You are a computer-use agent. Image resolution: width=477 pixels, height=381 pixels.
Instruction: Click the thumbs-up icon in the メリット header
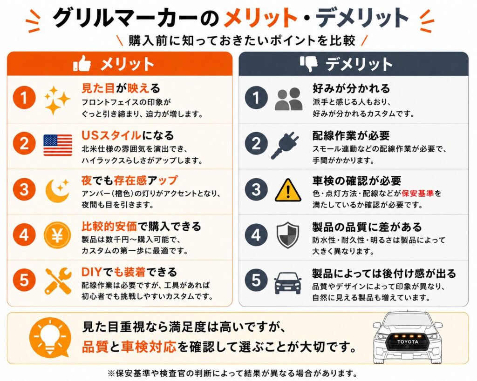click(x=82, y=63)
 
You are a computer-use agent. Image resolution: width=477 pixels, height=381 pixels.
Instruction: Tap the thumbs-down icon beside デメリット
click(x=308, y=63)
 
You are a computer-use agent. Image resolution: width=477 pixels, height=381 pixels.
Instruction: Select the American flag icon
click(x=58, y=145)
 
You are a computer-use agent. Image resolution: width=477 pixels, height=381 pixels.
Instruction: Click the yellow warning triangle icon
click(x=288, y=190)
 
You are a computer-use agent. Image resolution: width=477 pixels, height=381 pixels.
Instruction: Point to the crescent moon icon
click(x=57, y=190)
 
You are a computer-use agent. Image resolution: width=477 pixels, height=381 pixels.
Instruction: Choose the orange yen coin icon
click(x=57, y=235)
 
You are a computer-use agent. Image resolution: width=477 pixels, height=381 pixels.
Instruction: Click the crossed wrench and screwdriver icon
click(x=58, y=281)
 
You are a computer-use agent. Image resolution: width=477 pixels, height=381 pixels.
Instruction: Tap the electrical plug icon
click(x=285, y=145)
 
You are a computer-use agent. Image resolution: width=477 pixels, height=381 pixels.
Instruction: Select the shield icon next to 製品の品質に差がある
click(x=287, y=235)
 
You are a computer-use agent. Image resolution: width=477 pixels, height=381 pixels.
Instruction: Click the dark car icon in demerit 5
click(x=287, y=282)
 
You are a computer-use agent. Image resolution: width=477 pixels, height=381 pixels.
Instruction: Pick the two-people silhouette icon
click(x=288, y=99)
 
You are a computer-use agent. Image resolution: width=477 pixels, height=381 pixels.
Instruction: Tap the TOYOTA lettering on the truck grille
click(x=408, y=342)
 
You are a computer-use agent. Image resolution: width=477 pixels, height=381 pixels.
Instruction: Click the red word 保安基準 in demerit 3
click(x=417, y=193)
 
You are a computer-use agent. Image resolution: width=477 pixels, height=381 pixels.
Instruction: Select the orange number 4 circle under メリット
click(x=24, y=235)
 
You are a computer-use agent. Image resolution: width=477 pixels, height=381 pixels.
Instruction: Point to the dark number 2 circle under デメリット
click(x=256, y=144)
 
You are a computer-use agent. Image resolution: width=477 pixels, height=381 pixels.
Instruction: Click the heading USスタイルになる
click(x=128, y=135)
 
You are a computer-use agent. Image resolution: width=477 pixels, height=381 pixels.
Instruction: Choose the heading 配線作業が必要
click(x=351, y=135)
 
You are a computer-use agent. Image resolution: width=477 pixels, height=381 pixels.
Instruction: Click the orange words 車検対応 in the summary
click(x=149, y=347)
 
